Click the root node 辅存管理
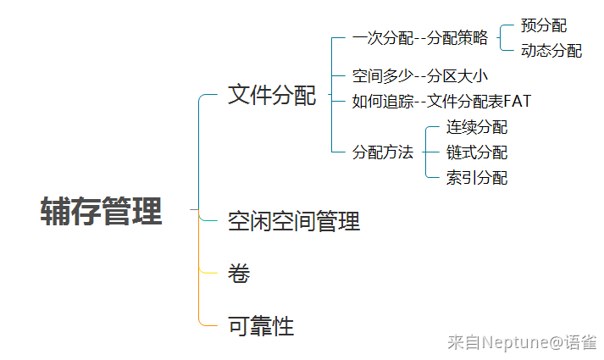(101, 211)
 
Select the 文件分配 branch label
(272, 95)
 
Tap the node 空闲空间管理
(294, 221)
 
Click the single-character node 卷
(239, 274)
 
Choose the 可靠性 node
(261, 326)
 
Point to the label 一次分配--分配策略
(420, 38)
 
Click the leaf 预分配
(544, 25)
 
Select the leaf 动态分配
(551, 51)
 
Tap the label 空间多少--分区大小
(420, 76)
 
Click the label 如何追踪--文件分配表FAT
(442, 102)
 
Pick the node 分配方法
(383, 152)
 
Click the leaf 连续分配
(477, 127)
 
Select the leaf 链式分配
(477, 152)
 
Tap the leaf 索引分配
(477, 178)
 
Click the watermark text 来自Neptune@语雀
(523, 342)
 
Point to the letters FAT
(518, 102)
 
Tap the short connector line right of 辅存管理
(194, 209)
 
